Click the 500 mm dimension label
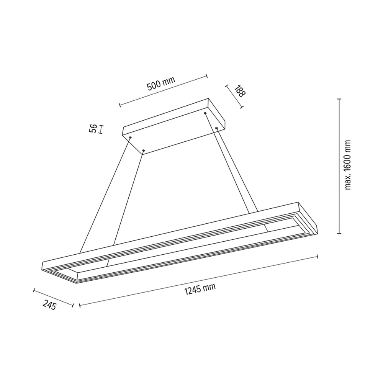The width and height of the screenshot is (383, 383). click(161, 83)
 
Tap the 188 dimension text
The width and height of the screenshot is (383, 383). click(239, 92)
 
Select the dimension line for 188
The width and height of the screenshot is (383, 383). click(234, 97)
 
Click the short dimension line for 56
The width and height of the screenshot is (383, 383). click(100, 129)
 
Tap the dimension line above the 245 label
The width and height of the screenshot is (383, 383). click(53, 297)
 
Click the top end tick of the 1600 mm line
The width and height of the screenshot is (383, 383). click(339, 99)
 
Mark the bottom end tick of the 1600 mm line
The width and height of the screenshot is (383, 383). click(339, 233)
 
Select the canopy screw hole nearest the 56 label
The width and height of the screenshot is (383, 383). click(130, 137)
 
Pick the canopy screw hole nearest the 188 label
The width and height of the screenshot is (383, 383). click(206, 114)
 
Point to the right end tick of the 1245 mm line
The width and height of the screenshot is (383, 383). click(318, 255)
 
